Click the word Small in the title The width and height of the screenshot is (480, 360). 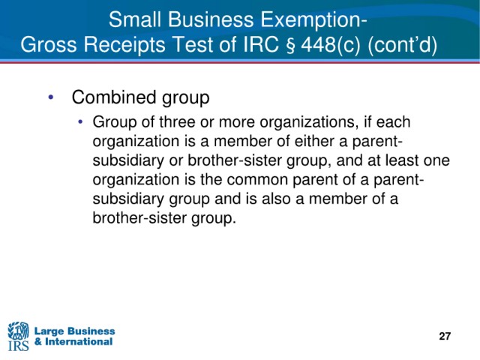coord(135,19)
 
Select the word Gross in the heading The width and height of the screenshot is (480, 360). coord(49,44)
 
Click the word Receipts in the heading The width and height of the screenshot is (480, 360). coord(125,45)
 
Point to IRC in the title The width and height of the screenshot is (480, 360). coord(263,44)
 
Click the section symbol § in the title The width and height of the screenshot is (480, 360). coord(292,46)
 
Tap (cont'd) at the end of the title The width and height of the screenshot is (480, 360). coord(402,45)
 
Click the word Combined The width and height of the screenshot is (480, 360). coord(114,97)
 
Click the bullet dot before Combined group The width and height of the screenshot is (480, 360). coord(51,97)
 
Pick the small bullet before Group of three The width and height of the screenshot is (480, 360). coord(80,121)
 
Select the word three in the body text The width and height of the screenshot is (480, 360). coord(177,121)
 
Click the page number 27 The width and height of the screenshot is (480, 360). coord(445,336)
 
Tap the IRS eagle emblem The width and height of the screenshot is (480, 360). coord(18,331)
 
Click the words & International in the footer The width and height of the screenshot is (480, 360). coord(73,341)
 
